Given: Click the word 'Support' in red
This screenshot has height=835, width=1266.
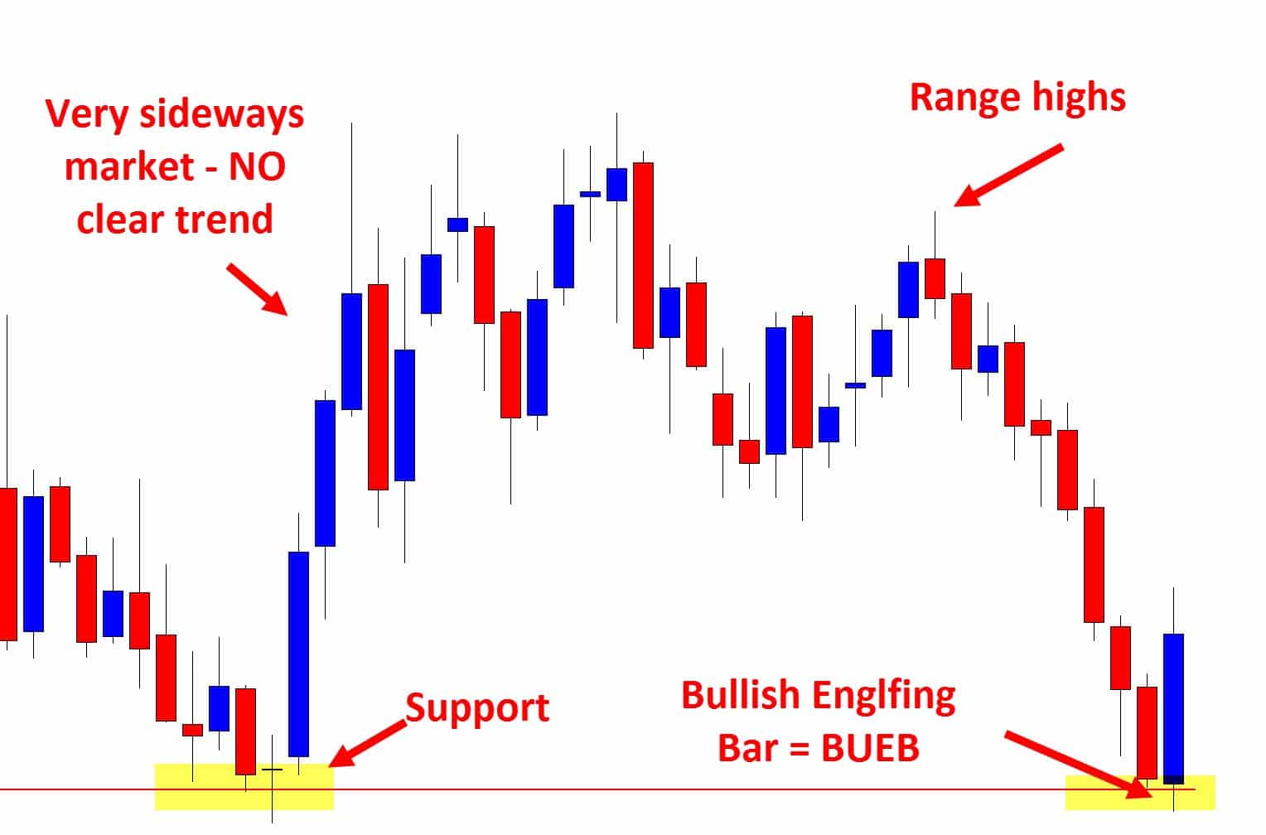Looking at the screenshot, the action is [477, 708].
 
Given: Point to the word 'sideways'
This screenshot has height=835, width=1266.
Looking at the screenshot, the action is [222, 114].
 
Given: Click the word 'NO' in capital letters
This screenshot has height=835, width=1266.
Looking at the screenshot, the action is [257, 167].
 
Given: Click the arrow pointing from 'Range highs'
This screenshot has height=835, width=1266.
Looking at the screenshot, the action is [1009, 176].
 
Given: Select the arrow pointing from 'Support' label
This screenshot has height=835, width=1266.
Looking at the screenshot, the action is [367, 744].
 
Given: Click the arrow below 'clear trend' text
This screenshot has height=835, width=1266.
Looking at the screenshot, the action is [257, 289].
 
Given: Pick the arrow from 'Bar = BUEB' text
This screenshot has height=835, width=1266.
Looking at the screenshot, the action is [1079, 765].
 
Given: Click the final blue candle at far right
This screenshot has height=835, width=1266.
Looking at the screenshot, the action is [1173, 708].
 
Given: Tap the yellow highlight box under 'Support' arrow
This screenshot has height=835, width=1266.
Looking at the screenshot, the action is [244, 786].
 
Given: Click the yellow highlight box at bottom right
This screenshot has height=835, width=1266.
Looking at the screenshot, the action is [1140, 792].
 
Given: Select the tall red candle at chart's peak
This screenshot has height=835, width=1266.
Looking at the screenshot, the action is [643, 255].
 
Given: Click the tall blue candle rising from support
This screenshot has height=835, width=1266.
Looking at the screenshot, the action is [298, 654].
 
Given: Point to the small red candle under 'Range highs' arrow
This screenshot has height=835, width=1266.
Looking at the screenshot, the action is [935, 278].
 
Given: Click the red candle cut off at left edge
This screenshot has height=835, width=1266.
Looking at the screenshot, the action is [7, 564].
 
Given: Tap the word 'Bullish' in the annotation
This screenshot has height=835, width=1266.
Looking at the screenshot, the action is [741, 695].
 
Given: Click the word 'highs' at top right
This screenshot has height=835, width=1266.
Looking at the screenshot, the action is [1077, 99].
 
